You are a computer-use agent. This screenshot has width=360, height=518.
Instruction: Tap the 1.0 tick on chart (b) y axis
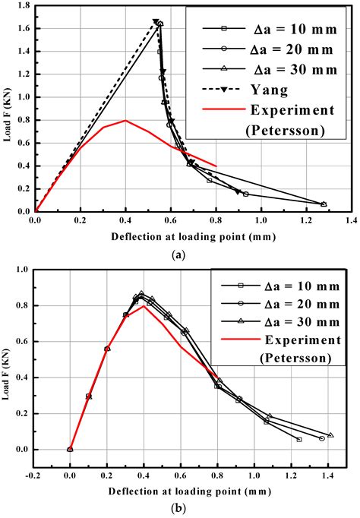click(x=24, y=269)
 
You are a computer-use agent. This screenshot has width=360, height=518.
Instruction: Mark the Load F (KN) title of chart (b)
click(x=9, y=363)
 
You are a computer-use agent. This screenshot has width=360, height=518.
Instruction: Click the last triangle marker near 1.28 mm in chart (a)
click(x=324, y=204)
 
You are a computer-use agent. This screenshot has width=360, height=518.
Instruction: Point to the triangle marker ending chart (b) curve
click(x=330, y=435)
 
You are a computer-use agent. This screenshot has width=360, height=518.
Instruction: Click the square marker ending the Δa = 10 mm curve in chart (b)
click(x=298, y=439)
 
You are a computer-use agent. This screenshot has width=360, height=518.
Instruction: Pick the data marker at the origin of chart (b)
click(x=70, y=449)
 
